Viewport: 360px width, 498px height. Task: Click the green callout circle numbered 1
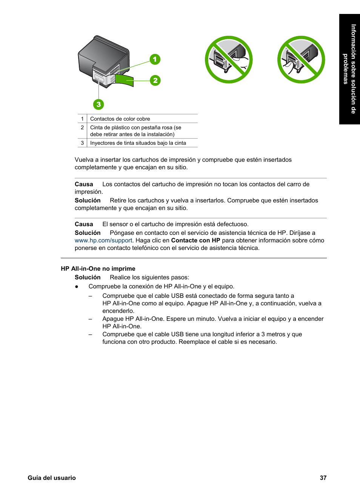point(155,59)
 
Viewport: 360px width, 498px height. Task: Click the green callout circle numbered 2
point(155,80)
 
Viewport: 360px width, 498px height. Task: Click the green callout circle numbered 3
point(98,104)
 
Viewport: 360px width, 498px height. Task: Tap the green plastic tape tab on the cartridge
point(125,80)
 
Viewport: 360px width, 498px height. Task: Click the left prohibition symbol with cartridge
point(229,60)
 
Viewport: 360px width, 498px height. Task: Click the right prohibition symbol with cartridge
point(301,60)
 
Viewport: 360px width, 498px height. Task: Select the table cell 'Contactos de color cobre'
point(120,119)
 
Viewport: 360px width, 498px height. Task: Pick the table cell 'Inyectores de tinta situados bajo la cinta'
point(138,143)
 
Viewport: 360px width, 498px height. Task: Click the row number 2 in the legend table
point(82,127)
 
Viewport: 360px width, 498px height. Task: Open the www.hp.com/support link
point(103,241)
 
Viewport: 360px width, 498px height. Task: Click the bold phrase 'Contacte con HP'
point(195,241)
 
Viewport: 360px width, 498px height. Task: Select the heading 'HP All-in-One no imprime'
point(98,268)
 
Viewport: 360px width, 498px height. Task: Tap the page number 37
point(323,478)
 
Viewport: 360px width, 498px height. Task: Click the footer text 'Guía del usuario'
point(52,478)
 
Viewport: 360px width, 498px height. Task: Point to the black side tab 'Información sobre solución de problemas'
point(349,69)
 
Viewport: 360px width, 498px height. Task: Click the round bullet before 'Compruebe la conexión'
point(77,287)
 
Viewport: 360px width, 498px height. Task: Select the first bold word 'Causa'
point(84,184)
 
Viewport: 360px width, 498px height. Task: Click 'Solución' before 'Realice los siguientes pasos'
point(88,277)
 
